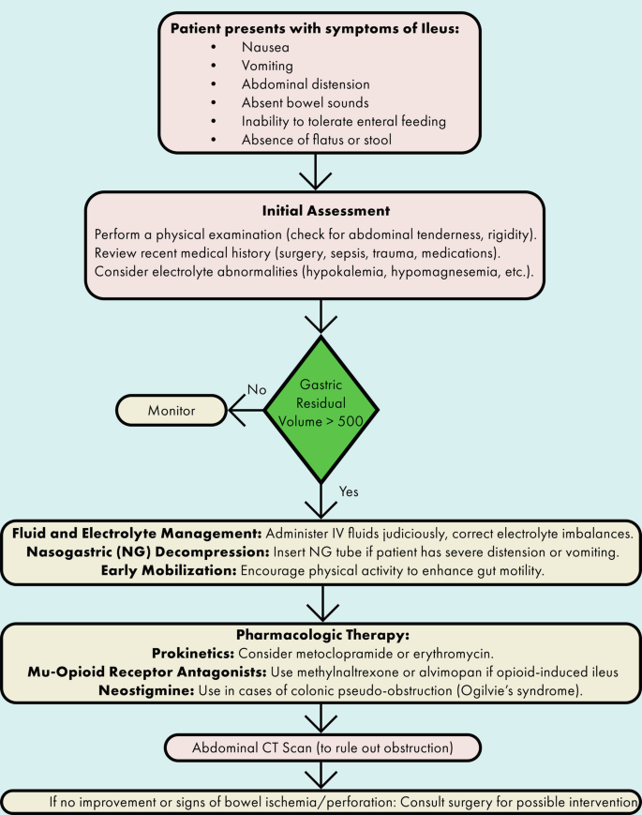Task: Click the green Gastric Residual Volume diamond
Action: click(321, 409)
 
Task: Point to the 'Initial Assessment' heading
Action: click(320, 211)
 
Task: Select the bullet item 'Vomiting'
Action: click(269, 66)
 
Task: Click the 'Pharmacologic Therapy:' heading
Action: click(321, 634)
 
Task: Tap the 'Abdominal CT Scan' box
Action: click(321, 747)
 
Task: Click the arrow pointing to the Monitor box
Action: click(246, 409)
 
